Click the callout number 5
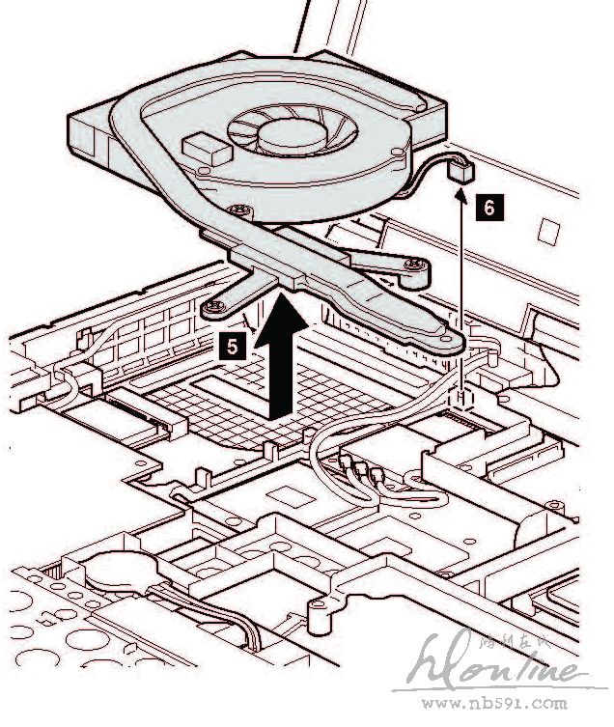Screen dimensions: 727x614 click(235, 341)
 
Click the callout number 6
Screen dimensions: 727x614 click(489, 206)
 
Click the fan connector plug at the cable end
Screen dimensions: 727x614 click(462, 173)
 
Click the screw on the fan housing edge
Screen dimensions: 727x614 click(238, 208)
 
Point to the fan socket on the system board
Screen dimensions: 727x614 click(464, 397)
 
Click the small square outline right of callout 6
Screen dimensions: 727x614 click(547, 230)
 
